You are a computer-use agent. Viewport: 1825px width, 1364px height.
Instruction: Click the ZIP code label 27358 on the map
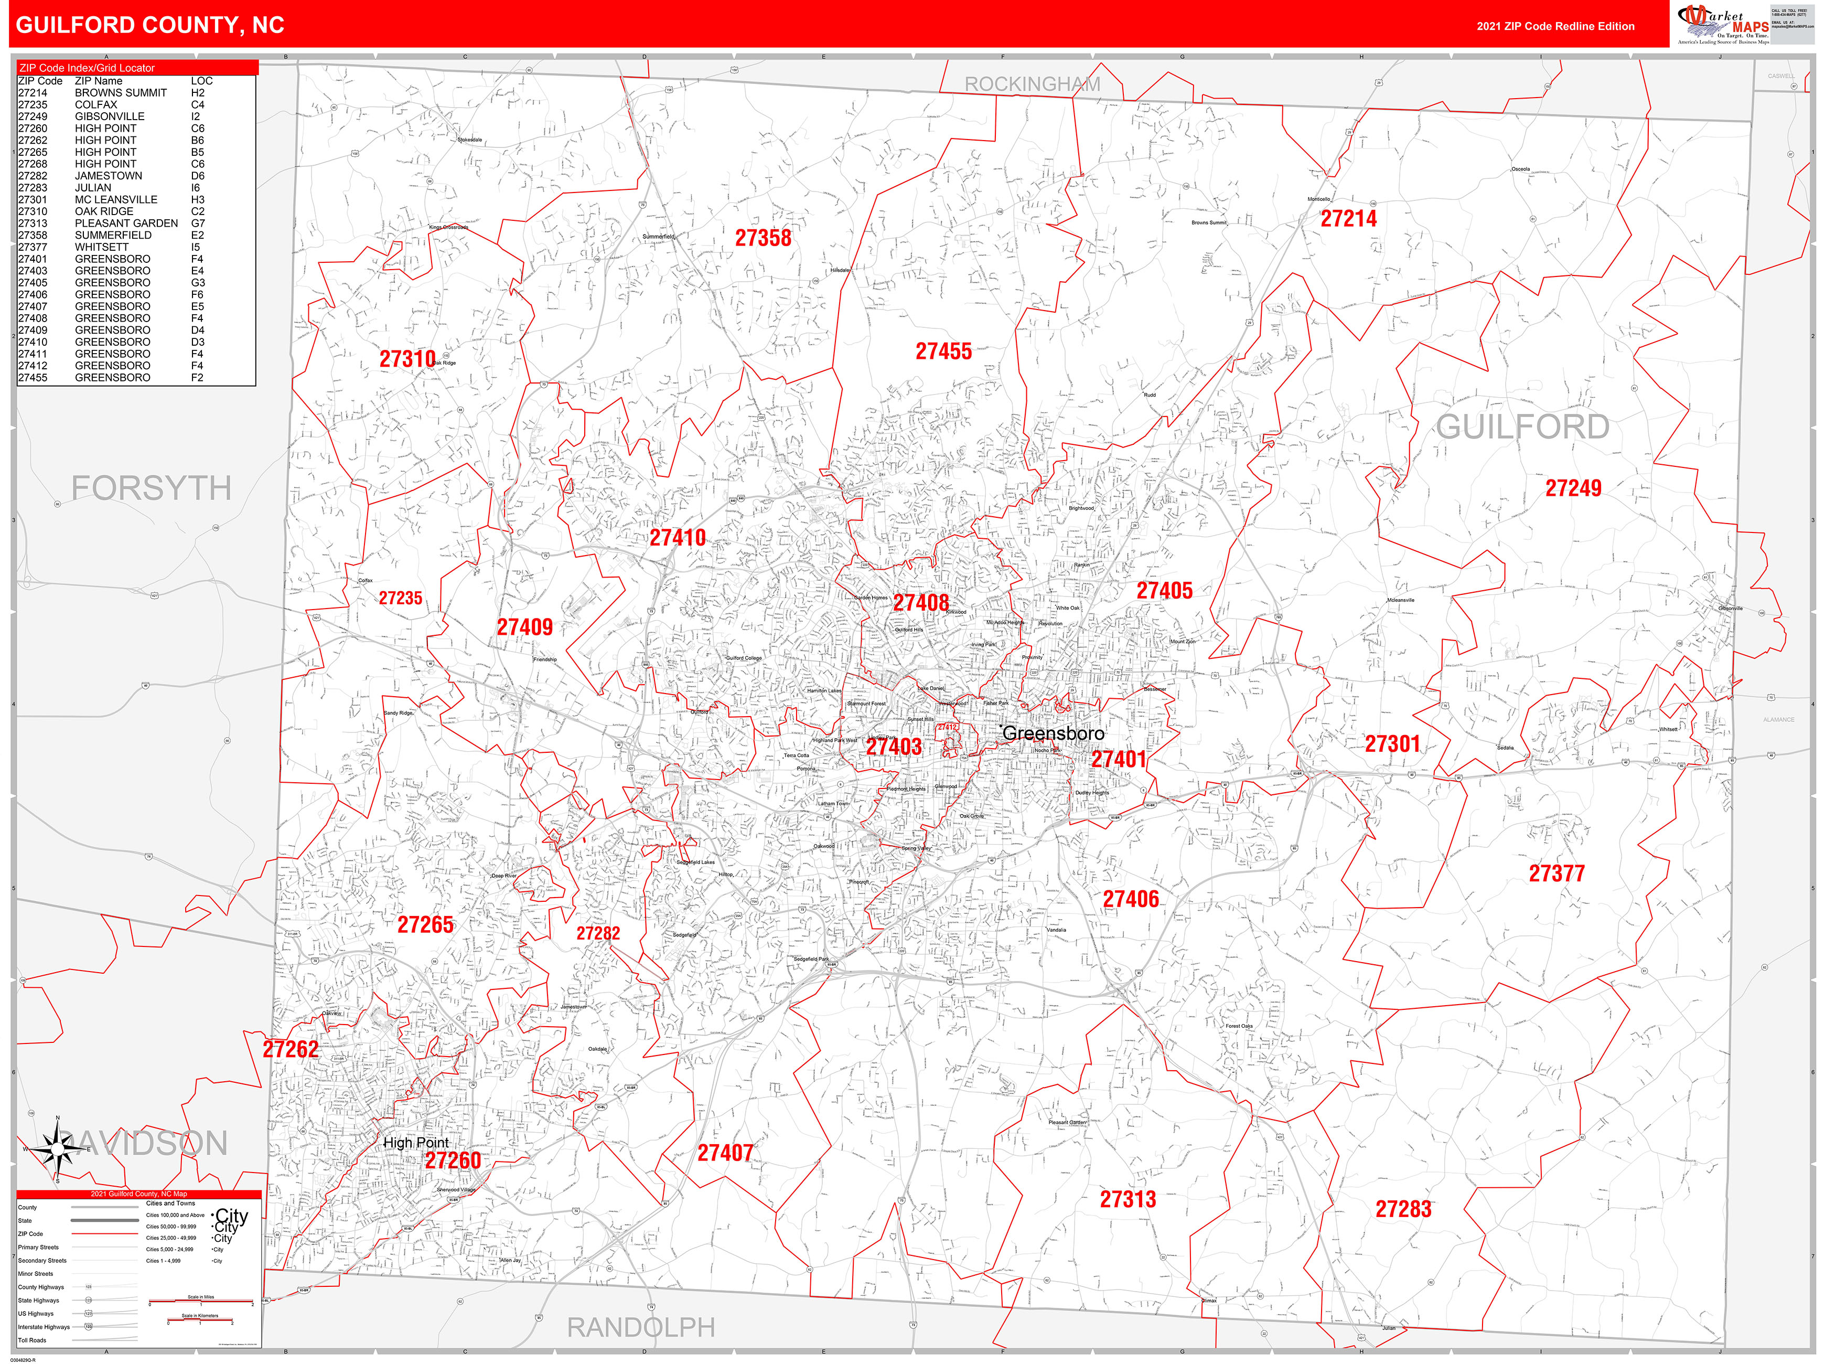[763, 239]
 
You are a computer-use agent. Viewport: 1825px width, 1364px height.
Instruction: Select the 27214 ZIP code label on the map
[1348, 219]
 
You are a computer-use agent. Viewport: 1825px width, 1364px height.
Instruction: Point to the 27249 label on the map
[1573, 488]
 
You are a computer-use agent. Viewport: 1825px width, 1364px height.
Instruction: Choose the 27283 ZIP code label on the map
[1403, 1210]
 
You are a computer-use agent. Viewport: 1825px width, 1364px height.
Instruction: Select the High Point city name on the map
[416, 1143]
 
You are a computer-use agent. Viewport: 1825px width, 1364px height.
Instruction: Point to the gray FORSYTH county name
[151, 488]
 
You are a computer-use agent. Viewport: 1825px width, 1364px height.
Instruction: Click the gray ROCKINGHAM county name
[1032, 84]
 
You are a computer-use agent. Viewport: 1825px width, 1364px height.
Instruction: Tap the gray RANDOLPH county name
[640, 1328]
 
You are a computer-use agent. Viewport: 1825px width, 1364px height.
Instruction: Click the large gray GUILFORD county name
[1522, 427]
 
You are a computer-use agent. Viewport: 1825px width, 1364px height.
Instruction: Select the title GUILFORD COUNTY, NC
[150, 25]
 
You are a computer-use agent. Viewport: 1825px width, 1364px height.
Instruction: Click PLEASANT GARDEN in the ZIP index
[126, 223]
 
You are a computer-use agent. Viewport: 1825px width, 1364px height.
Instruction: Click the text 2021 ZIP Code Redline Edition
[1555, 26]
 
